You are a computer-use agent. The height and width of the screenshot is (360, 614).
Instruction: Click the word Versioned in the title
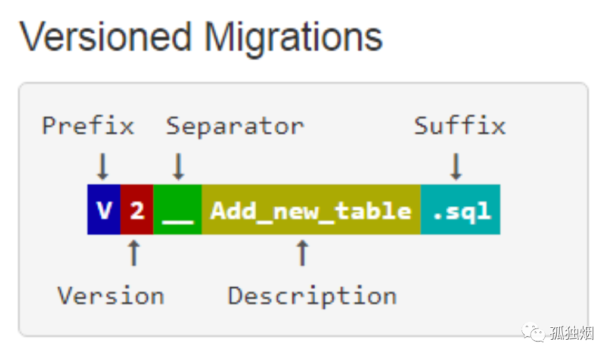tap(106, 37)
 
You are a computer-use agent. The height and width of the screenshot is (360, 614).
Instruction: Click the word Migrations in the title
tap(293, 39)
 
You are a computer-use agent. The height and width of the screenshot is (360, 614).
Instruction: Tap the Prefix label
tap(88, 126)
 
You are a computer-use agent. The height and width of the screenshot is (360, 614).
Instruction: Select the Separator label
tap(235, 126)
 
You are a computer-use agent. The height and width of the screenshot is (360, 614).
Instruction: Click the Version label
tap(111, 296)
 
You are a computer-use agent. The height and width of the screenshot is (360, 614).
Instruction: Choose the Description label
tap(312, 297)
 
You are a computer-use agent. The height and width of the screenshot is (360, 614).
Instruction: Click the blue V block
tap(104, 210)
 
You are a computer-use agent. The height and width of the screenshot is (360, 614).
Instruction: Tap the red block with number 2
tap(137, 210)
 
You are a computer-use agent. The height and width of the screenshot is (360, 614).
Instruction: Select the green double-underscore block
tap(178, 210)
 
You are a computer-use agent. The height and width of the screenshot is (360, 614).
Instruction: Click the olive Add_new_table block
tap(311, 210)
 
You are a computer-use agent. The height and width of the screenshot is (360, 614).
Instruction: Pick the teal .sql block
tap(460, 210)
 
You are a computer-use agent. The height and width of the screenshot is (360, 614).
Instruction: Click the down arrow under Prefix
tap(103, 166)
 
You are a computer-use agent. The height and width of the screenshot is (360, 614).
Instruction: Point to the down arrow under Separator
tap(179, 166)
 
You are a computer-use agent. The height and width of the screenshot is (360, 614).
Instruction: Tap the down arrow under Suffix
tap(456, 166)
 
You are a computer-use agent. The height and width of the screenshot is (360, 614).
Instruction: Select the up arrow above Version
tap(134, 253)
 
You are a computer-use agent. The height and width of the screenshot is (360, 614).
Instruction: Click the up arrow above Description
tap(302, 253)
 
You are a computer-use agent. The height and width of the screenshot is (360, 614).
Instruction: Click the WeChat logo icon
tap(533, 332)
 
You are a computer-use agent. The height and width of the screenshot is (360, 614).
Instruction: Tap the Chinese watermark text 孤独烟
tap(572, 333)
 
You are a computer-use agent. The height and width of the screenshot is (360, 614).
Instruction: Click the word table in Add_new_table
tap(373, 211)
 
